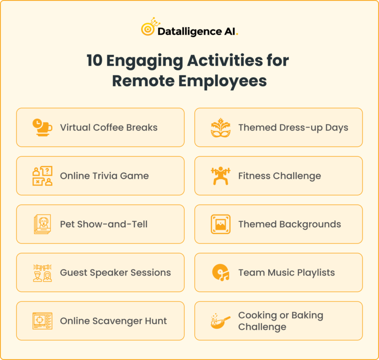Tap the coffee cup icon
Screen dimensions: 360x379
click(42, 127)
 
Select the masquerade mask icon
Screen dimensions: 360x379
click(220, 127)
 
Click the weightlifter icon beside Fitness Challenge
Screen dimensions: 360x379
click(220, 176)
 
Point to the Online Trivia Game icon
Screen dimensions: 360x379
click(42, 176)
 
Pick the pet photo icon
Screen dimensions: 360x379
click(42, 224)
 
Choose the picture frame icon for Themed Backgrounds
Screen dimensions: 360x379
click(220, 224)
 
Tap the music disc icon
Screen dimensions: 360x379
click(220, 272)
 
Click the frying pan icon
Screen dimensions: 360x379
click(220, 321)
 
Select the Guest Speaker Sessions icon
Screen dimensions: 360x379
click(42, 273)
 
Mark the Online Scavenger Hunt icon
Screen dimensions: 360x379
click(42, 321)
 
